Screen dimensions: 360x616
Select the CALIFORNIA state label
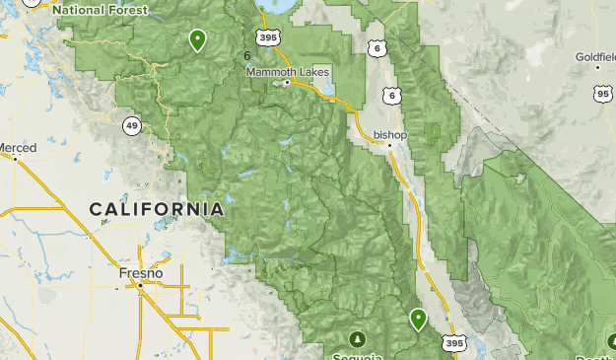pyautogui.click(x=157, y=209)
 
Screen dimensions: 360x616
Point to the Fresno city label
pyautogui.click(x=139, y=271)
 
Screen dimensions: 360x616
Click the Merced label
pyautogui.click(x=17, y=148)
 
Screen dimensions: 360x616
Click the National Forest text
pyautogui.click(x=101, y=10)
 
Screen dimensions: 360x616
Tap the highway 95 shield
pyautogui.click(x=602, y=93)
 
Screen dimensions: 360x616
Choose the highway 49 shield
pyautogui.click(x=131, y=125)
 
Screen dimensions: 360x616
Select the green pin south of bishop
pyautogui.click(x=418, y=318)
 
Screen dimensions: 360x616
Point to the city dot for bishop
pyautogui.click(x=389, y=146)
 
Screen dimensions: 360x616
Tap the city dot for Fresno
pyautogui.click(x=140, y=284)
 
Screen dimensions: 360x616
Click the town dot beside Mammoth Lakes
pyautogui.click(x=287, y=83)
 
